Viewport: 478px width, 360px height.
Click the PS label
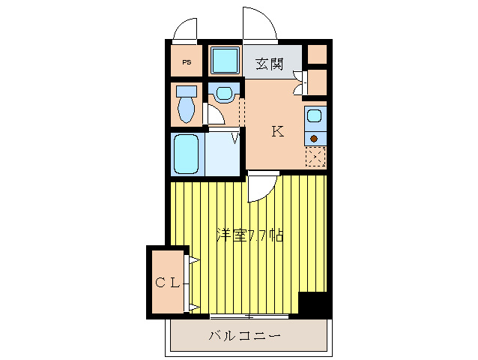[185, 62]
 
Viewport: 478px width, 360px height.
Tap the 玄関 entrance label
[270, 64]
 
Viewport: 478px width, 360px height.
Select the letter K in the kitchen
[277, 132]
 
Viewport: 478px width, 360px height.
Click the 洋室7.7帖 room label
[249, 235]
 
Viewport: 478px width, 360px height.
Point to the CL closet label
[167, 283]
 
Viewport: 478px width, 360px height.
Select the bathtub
[186, 154]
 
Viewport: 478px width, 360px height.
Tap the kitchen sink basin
[315, 116]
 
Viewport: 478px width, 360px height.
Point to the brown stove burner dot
[315, 138]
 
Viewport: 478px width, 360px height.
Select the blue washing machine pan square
[224, 61]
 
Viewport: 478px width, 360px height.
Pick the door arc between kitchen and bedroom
[261, 187]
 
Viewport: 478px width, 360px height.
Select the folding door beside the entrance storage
[299, 82]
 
